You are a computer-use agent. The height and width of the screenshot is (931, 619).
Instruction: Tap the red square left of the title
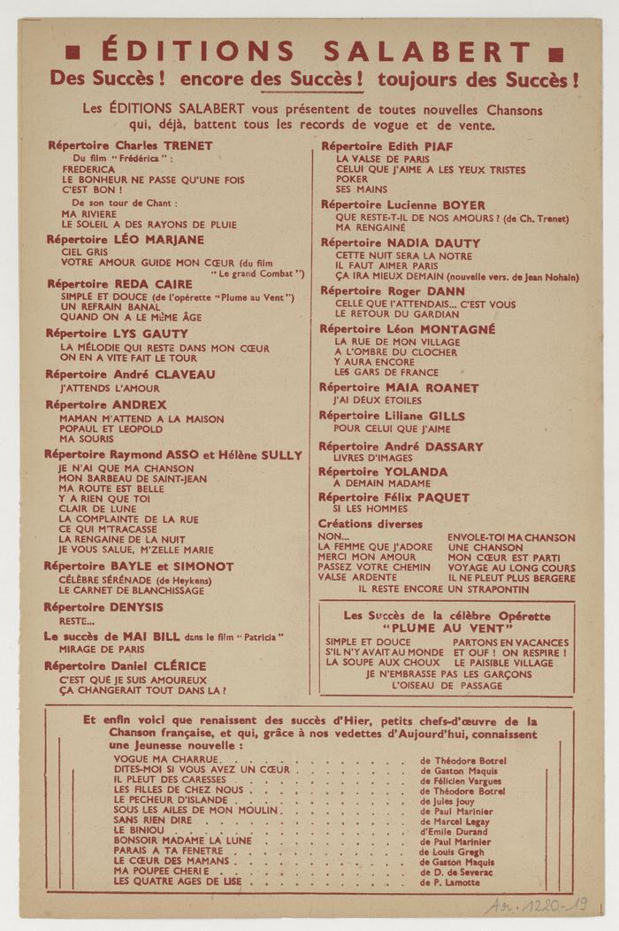(x=76, y=52)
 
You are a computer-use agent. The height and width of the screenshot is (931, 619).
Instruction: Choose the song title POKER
(x=352, y=179)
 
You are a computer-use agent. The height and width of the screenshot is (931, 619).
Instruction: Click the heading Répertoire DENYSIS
(x=103, y=607)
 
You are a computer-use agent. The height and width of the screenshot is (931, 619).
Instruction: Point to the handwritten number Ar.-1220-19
(x=536, y=904)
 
